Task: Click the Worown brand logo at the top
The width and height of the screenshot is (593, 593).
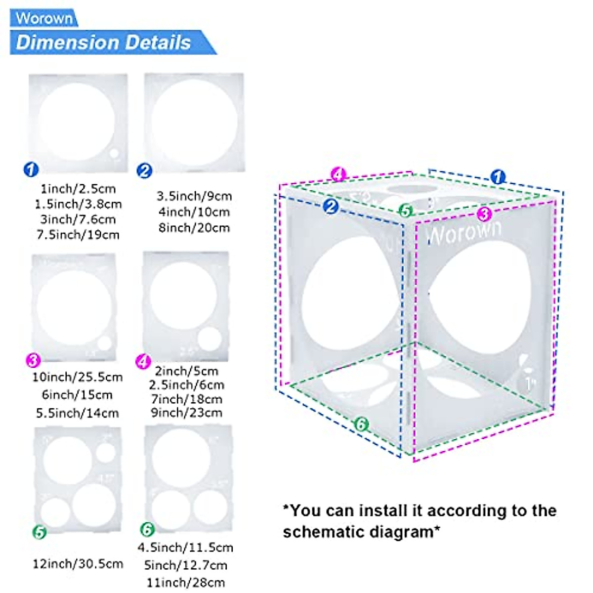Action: tap(44, 18)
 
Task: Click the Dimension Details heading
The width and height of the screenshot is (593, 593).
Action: tap(103, 42)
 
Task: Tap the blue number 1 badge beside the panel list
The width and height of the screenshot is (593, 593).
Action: tap(31, 169)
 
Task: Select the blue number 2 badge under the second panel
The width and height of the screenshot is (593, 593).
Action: tap(144, 171)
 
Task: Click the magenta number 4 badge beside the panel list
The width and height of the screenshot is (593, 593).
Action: tap(143, 362)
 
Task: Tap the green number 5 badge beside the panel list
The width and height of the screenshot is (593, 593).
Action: tap(40, 532)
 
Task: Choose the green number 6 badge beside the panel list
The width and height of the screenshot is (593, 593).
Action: tap(147, 530)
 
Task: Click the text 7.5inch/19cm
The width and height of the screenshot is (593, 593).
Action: tap(78, 235)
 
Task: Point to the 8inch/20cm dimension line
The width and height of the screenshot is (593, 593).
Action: tap(194, 228)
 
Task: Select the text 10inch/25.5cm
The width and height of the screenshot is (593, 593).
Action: tap(78, 378)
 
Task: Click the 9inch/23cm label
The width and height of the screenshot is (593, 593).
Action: tap(186, 413)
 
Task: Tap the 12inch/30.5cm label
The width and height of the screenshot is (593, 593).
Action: tap(78, 564)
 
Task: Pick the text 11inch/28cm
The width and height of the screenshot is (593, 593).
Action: tap(186, 583)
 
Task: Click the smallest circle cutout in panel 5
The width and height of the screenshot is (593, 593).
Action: tap(105, 453)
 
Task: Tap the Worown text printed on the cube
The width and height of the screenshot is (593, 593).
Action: tap(464, 233)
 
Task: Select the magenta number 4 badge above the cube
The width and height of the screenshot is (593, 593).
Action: tap(339, 174)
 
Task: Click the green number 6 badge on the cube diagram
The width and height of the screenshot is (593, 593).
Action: tap(362, 424)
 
